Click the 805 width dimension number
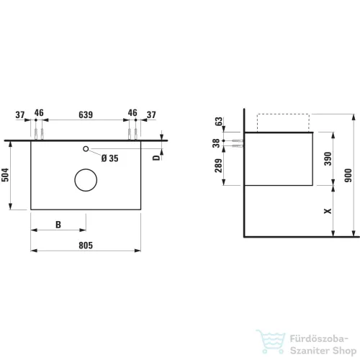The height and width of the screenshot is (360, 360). click(x=86, y=246)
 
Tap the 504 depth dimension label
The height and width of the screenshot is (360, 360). click(x=5, y=175)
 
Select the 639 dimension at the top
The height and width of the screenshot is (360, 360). click(x=86, y=114)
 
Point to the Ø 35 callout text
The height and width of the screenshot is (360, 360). click(x=110, y=158)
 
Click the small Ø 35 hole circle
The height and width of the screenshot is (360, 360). click(x=86, y=146)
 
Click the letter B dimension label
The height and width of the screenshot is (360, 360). click(x=58, y=225)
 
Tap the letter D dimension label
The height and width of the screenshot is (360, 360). click(x=156, y=158)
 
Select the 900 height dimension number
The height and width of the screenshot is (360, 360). click(x=348, y=175)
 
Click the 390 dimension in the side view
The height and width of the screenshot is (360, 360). click(x=328, y=158)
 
